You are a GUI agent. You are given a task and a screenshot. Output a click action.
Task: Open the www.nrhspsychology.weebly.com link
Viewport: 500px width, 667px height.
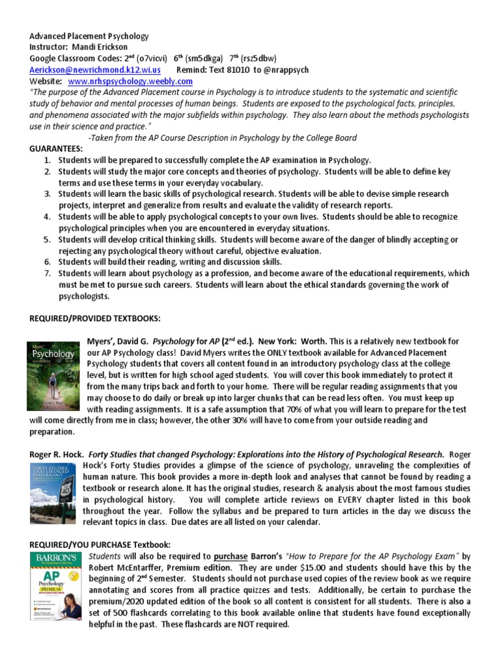130,81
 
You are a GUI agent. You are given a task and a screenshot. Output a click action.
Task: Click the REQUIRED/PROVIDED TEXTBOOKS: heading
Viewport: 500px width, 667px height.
95,318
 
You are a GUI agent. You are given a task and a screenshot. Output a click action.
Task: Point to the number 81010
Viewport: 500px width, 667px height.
238,70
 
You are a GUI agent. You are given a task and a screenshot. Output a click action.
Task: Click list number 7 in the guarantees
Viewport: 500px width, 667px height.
47,274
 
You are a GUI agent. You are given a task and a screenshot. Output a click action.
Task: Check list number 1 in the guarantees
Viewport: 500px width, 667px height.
47,160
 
